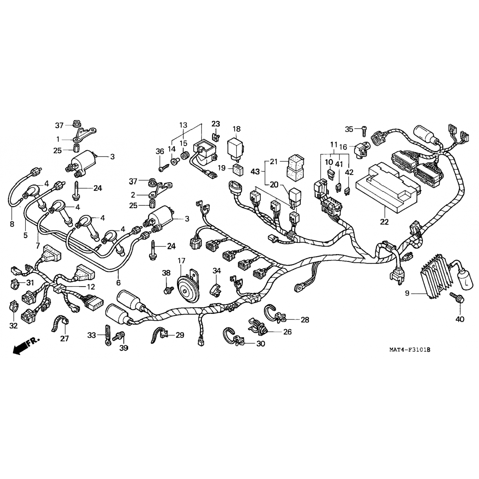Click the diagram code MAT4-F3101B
(x=409, y=350)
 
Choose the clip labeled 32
(x=14, y=308)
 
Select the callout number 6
(x=118, y=282)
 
